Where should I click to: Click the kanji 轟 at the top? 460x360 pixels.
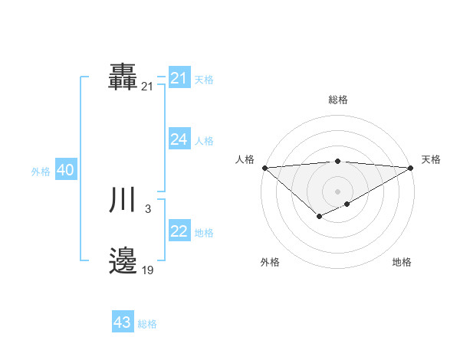point(123,77)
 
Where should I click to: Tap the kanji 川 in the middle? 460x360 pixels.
point(123,201)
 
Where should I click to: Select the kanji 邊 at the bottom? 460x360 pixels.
point(123,261)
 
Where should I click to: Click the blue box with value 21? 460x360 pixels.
point(179,78)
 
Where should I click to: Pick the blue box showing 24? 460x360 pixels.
point(179,139)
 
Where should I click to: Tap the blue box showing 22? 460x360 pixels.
point(179,231)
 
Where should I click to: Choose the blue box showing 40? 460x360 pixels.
point(65,171)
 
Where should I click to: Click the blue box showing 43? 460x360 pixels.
point(123,322)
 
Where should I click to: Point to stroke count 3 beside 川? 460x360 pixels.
point(147,208)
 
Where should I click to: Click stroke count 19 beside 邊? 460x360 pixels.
point(146,270)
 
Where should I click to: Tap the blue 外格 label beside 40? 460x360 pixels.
point(41,172)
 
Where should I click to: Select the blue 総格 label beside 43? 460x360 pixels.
point(147,323)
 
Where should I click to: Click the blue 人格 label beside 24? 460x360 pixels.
point(204,140)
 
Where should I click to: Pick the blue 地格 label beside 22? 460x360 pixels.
point(204,232)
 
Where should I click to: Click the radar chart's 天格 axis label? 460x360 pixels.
point(432,159)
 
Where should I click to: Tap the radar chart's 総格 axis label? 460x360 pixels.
point(338,100)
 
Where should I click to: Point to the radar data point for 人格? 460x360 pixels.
point(264,168)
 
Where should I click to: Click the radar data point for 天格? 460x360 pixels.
point(411,168)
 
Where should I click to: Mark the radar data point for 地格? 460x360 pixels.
point(347,204)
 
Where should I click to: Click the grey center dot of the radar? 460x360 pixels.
point(338,191)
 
